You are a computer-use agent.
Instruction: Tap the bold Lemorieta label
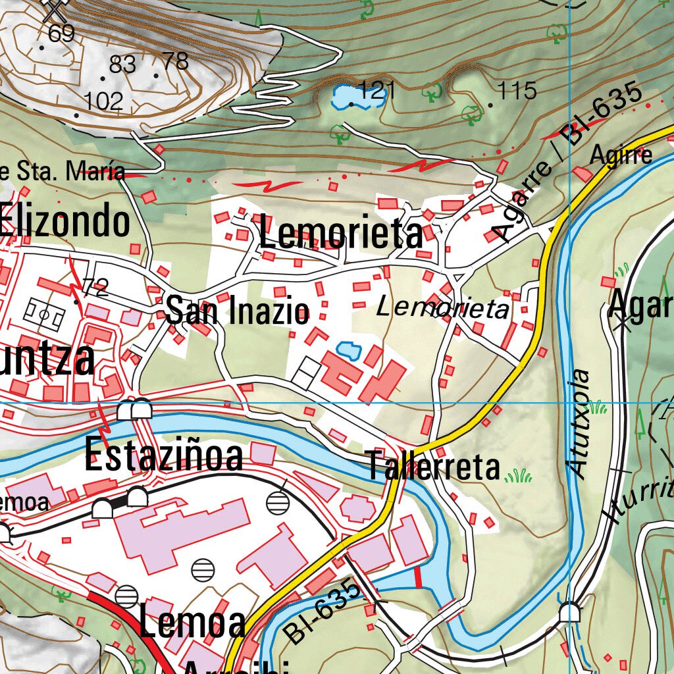click(x=341, y=234)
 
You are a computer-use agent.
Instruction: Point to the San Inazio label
click(x=237, y=311)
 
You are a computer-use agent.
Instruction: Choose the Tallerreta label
click(x=434, y=467)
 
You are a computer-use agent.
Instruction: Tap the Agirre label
click(x=621, y=155)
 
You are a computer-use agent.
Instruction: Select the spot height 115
click(x=517, y=90)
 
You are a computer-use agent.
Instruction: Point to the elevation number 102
click(x=104, y=101)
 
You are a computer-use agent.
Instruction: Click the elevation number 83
click(x=122, y=65)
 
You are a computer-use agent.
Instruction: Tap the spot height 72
click(x=95, y=287)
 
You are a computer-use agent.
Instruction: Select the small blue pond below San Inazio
click(x=348, y=350)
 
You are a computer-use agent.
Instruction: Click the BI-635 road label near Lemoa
click(x=323, y=611)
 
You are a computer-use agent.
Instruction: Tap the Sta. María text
click(x=63, y=172)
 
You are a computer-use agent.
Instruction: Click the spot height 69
click(x=61, y=33)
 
